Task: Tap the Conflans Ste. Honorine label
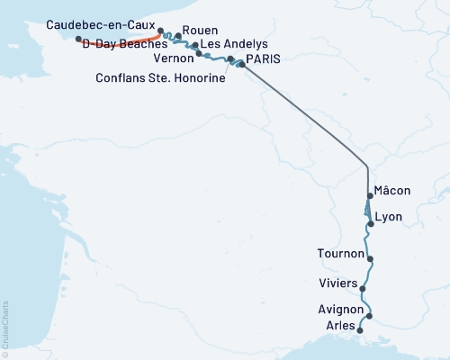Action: tap(159, 76)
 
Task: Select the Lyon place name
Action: tap(388, 217)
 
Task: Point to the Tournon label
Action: tap(341, 254)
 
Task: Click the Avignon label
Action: tap(336, 310)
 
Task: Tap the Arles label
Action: tap(341, 325)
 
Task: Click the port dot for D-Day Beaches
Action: tap(79, 40)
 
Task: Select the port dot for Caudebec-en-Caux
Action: tap(160, 29)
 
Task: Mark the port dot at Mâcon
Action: tap(370, 195)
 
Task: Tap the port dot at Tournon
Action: tap(370, 258)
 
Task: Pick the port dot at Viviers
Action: tap(363, 289)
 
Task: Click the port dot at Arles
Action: tap(361, 330)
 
